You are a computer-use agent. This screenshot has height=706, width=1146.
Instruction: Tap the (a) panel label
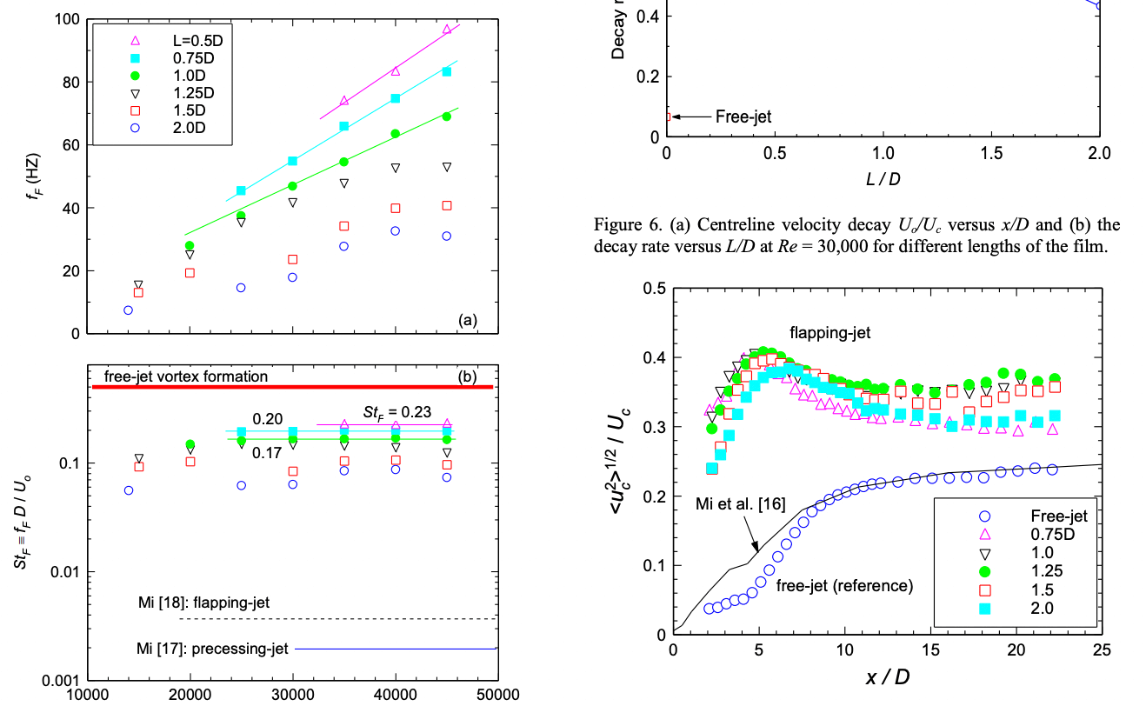click(x=468, y=320)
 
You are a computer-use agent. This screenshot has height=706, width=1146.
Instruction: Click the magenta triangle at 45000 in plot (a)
click(x=447, y=29)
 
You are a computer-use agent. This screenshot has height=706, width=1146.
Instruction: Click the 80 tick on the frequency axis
click(x=68, y=83)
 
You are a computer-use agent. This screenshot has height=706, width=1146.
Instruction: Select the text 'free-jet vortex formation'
click(x=185, y=376)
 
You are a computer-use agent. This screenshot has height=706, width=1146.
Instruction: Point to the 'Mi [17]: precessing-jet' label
click(x=212, y=648)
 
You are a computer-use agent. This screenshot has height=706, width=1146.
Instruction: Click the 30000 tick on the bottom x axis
click(x=293, y=694)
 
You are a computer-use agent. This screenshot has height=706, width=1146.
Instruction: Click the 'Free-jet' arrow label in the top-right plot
click(x=743, y=116)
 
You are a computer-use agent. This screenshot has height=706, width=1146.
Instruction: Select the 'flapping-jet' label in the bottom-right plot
click(x=830, y=331)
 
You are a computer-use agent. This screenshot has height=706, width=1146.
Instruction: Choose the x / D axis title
click(x=887, y=676)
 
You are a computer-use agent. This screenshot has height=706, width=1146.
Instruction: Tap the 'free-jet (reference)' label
click(x=843, y=585)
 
